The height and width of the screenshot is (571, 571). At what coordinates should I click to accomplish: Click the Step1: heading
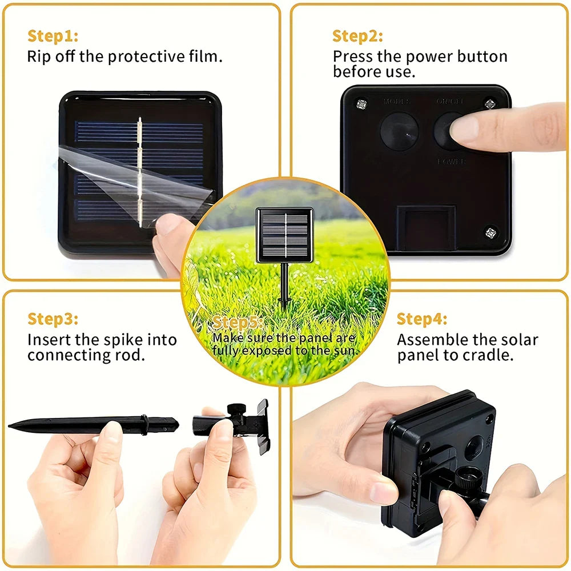(x=53, y=36)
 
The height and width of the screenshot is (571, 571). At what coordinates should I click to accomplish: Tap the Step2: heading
(x=357, y=36)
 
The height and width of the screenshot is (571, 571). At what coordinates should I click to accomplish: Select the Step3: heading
(x=53, y=319)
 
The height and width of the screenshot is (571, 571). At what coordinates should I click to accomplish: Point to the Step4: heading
(x=422, y=319)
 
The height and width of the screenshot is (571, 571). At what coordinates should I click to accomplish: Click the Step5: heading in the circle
(x=238, y=323)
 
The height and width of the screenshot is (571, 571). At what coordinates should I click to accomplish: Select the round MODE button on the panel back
(x=399, y=131)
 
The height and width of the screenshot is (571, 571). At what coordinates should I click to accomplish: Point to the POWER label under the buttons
(x=452, y=162)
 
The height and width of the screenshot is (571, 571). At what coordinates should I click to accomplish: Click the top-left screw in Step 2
(x=360, y=103)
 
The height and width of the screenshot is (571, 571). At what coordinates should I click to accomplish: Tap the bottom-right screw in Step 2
(x=490, y=232)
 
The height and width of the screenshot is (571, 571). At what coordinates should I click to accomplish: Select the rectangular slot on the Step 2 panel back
(x=427, y=228)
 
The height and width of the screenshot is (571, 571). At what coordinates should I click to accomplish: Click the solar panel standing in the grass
(x=284, y=235)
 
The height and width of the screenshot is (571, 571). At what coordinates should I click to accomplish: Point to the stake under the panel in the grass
(x=284, y=285)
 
